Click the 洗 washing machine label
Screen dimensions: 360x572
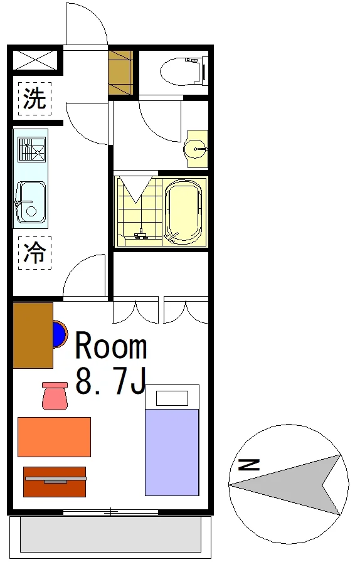[34, 98]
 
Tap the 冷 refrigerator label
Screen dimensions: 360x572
[34, 252]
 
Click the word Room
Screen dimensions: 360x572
[111, 346]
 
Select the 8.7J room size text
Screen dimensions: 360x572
[111, 381]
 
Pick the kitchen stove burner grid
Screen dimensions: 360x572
[32, 149]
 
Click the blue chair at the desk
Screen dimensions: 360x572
[60, 334]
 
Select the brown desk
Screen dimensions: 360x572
[33, 336]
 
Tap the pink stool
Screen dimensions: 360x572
[55, 396]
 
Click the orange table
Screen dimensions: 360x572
[54, 437]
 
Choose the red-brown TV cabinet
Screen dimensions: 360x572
[55, 482]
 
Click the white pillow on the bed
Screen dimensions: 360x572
[172, 398]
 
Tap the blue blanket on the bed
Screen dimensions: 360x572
[172, 452]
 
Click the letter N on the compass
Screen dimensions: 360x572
[249, 465]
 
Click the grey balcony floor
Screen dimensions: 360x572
[110, 535]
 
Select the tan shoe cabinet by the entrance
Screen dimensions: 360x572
[120, 73]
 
